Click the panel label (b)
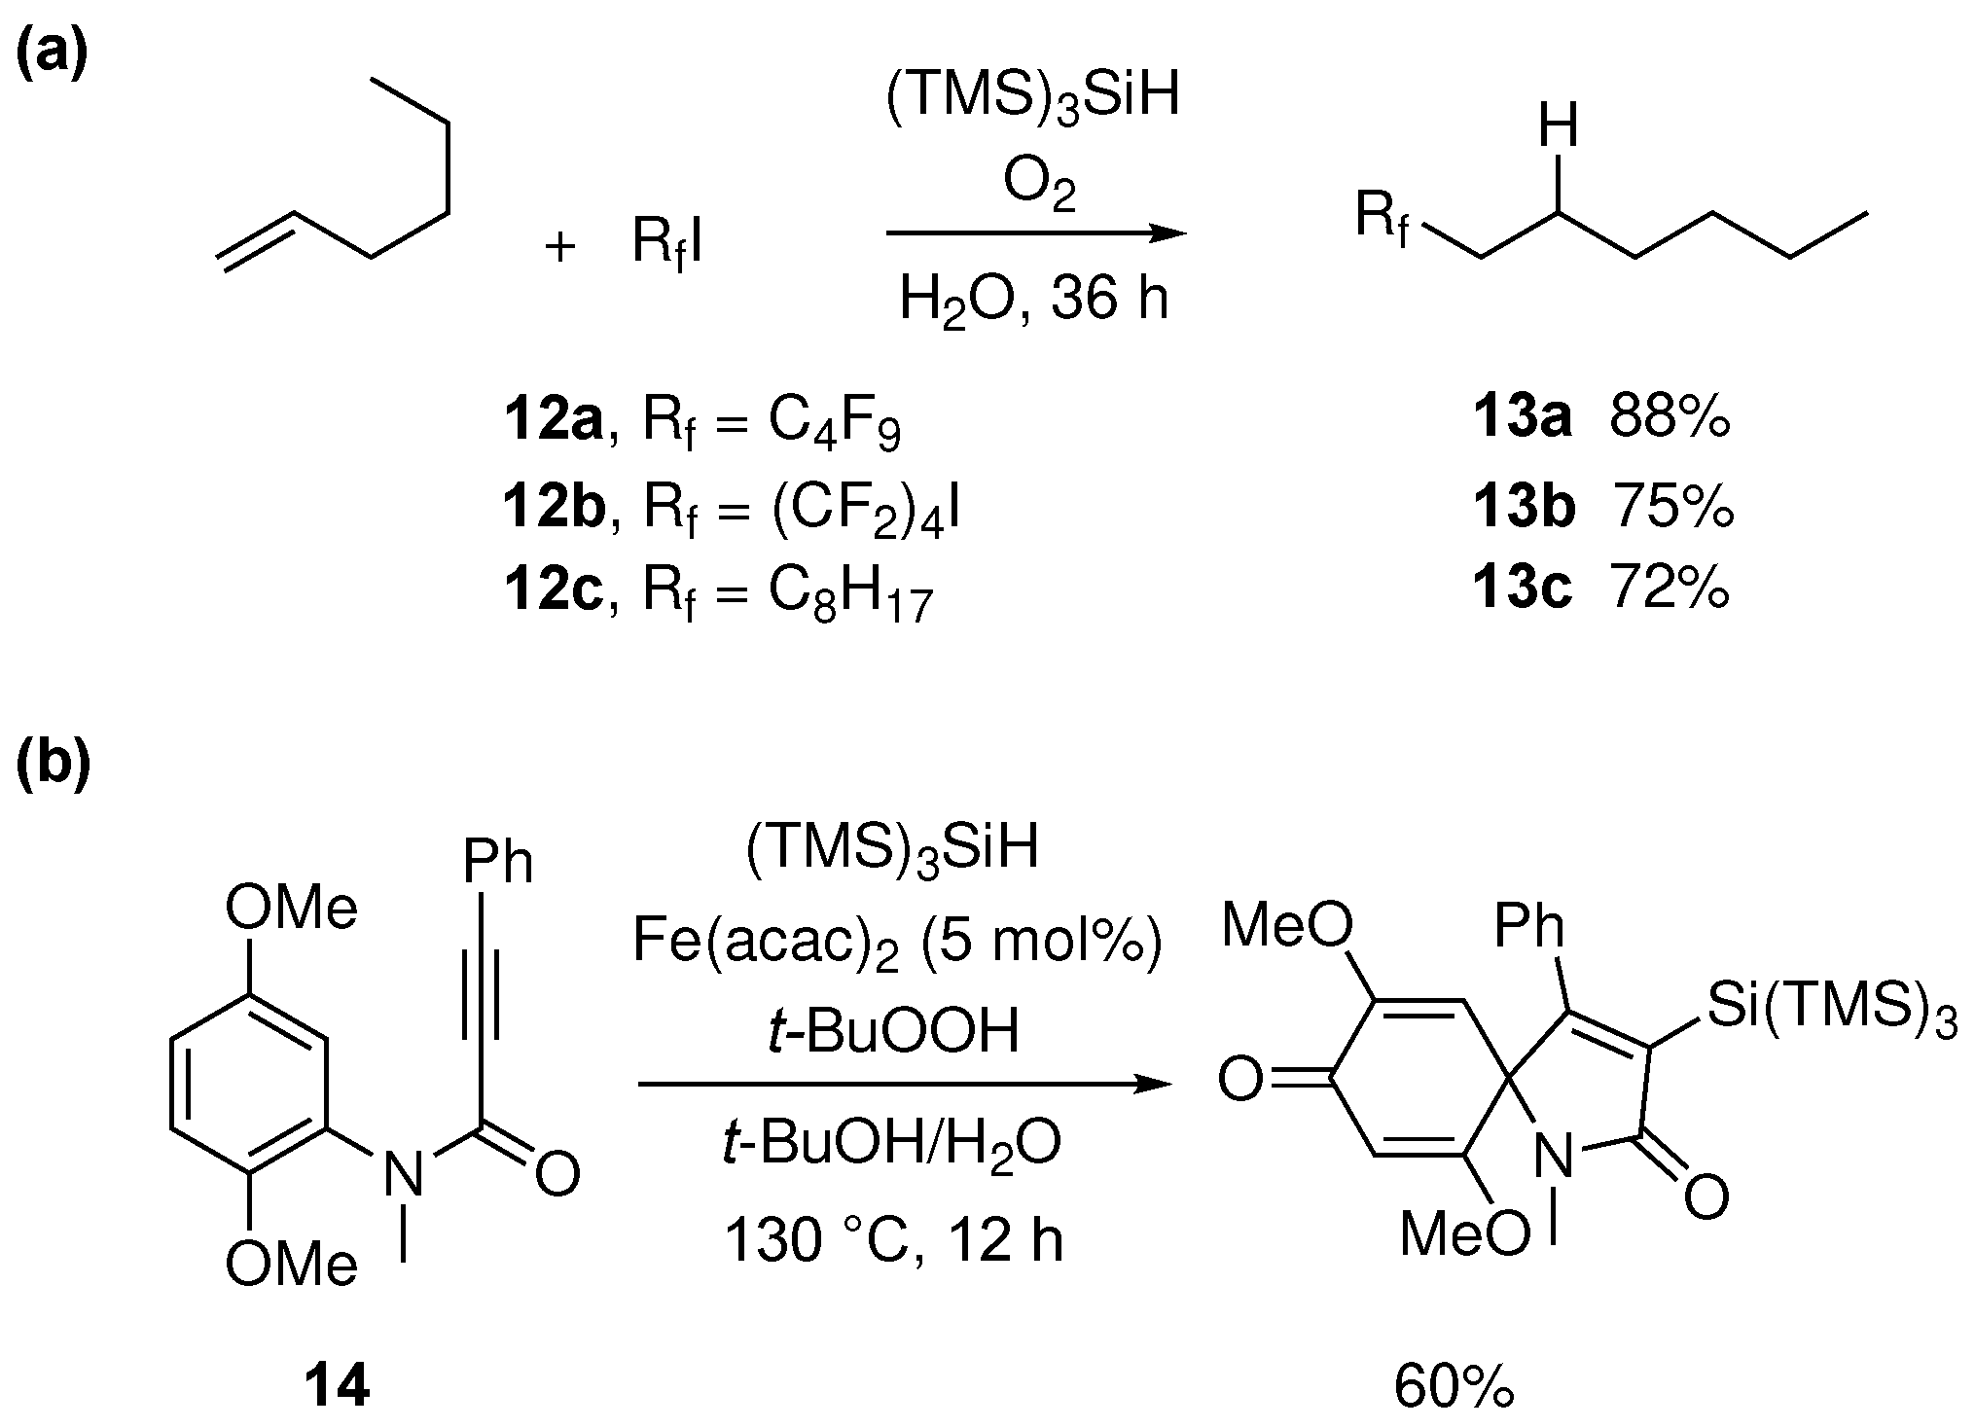click(x=54, y=764)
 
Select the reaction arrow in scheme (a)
click(x=1035, y=233)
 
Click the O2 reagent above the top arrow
click(x=1038, y=185)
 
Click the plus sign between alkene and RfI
click(x=560, y=246)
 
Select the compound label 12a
click(x=552, y=421)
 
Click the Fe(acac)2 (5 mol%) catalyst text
click(x=896, y=943)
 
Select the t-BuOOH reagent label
click(x=892, y=1031)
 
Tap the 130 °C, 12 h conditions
click(x=894, y=1240)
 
